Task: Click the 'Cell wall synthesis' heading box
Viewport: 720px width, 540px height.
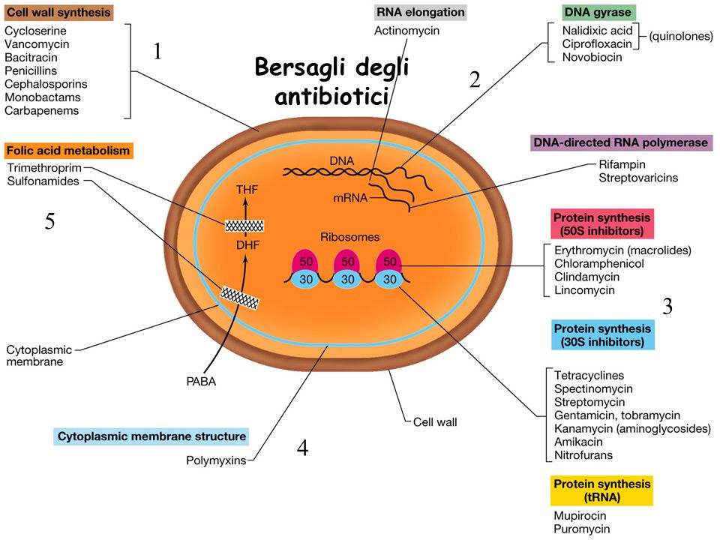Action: point(58,13)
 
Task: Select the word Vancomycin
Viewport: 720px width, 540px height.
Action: point(37,44)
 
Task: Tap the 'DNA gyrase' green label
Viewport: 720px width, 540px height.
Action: point(598,13)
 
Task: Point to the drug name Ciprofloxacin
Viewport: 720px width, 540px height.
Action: point(597,43)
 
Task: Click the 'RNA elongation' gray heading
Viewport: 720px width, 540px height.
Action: point(420,13)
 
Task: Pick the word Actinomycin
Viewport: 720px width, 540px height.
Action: point(406,31)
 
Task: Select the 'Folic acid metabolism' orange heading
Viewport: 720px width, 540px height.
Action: point(68,151)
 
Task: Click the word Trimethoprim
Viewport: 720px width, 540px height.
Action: point(44,168)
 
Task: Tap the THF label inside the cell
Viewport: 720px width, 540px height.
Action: point(247,190)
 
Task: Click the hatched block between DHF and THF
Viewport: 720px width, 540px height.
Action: point(244,226)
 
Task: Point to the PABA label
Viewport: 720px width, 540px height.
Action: point(201,382)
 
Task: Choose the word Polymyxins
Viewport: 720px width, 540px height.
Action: point(216,460)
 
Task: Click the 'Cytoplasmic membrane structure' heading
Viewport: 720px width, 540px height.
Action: point(151,436)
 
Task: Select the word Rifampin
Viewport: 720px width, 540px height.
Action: point(622,164)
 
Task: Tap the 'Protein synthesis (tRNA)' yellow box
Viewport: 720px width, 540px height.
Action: point(602,490)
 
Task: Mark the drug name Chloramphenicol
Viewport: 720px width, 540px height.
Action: point(598,263)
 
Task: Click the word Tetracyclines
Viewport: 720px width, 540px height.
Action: point(589,376)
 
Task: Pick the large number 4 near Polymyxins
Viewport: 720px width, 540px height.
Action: point(302,448)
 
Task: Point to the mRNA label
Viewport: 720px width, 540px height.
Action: point(350,198)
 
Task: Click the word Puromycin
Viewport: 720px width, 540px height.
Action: point(582,529)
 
